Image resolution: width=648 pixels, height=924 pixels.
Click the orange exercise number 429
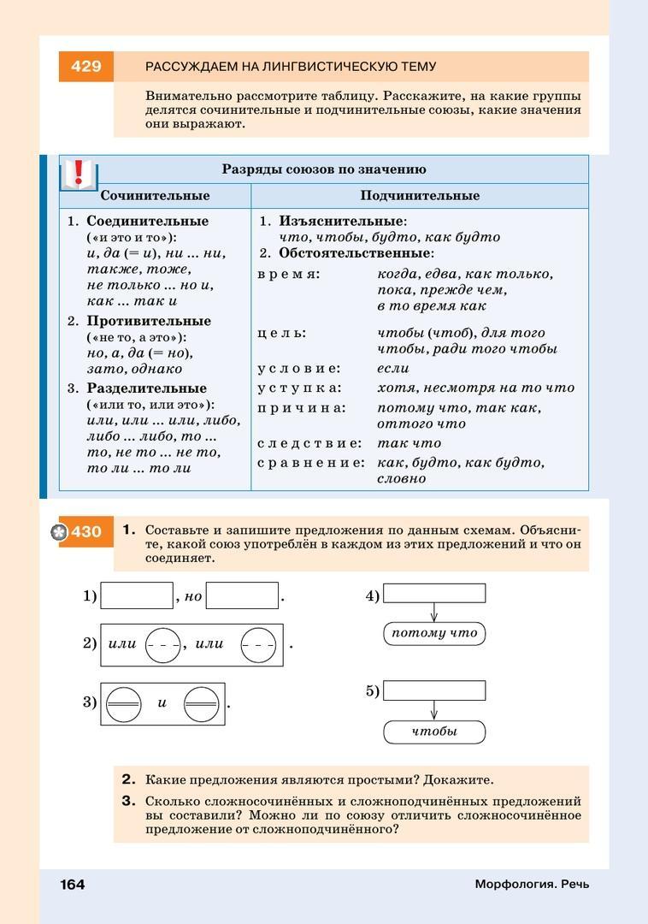pos(85,67)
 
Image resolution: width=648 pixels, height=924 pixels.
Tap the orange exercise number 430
pos(85,532)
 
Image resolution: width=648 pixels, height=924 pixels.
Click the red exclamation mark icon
pos(80,174)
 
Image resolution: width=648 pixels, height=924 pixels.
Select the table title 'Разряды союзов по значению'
pos(324,169)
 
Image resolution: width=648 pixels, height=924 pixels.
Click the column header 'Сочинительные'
pos(155,196)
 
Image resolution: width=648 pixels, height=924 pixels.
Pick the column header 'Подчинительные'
pos(420,196)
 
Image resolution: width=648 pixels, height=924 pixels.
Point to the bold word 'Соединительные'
pos(147,221)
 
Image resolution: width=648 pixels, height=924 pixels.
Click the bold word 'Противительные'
pos(149,321)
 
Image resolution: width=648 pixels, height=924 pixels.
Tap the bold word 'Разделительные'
pos(146,388)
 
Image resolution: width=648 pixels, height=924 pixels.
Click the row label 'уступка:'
pos(298,388)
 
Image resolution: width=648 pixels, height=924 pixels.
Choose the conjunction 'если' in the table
pos(393,368)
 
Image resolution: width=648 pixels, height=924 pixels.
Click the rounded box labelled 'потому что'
pos(434,633)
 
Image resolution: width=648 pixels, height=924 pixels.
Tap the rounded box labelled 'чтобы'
pos(434,731)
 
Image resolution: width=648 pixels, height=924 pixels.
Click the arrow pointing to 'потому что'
pos(434,613)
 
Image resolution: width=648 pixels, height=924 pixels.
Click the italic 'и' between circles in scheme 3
pos(162,703)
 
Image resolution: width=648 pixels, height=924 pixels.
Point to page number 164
pos(73,884)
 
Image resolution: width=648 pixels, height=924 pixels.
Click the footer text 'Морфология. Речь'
pos(532,884)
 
